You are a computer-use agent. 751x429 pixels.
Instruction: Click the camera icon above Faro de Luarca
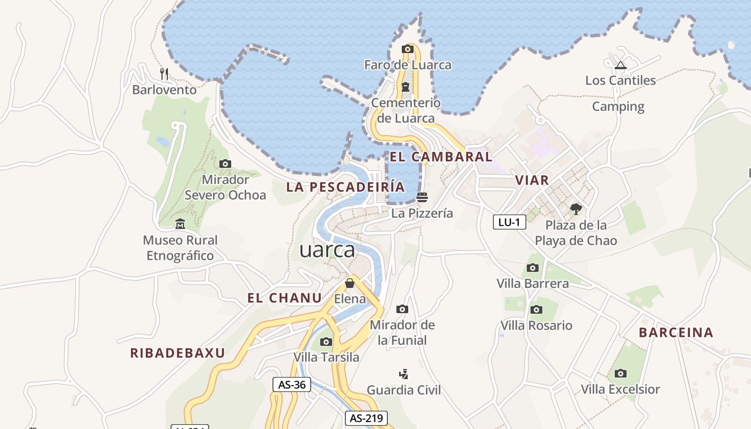(x=408, y=49)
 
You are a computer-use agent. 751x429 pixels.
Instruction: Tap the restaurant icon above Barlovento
(x=165, y=73)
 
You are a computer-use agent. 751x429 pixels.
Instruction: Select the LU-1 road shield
(x=509, y=222)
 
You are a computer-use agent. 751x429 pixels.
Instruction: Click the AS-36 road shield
(x=292, y=384)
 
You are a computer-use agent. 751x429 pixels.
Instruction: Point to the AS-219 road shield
(x=366, y=418)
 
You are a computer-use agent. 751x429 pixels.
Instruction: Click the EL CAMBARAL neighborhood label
(x=441, y=157)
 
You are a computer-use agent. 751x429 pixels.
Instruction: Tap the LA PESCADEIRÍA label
(x=345, y=187)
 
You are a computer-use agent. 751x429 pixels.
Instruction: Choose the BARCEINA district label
(x=676, y=332)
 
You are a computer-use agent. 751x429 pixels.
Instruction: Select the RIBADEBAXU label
(x=178, y=353)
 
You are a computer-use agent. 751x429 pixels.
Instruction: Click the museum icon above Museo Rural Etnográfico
(x=180, y=224)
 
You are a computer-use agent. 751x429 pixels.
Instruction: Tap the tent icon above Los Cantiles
(x=621, y=65)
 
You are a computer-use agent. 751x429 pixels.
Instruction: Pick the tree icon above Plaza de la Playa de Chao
(x=576, y=209)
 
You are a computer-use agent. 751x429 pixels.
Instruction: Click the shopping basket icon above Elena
(x=350, y=283)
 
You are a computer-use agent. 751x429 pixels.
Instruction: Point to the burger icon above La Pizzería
(x=422, y=197)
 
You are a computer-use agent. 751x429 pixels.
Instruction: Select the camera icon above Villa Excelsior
(x=620, y=373)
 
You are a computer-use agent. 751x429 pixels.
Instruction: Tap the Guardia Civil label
(x=403, y=390)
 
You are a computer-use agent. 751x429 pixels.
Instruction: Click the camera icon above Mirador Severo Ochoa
(x=225, y=164)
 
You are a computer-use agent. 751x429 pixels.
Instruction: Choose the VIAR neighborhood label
(x=532, y=180)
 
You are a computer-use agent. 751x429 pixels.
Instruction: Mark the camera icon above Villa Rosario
(x=536, y=309)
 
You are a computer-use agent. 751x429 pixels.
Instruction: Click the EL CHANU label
(x=284, y=298)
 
